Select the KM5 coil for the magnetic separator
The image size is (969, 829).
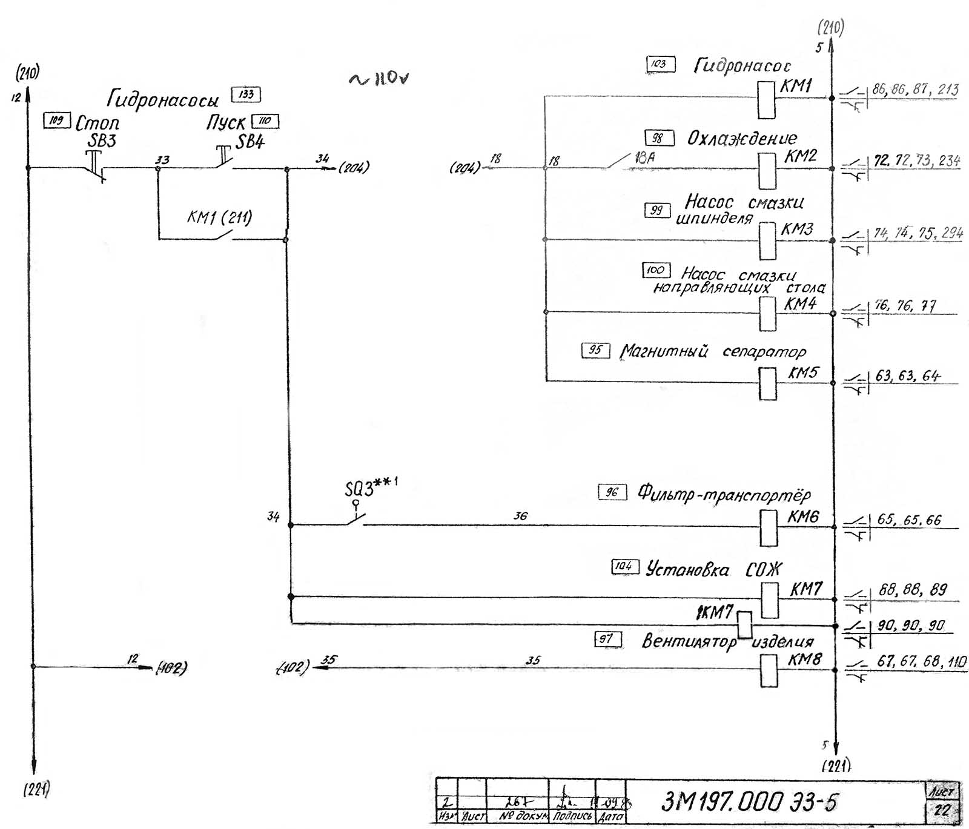[767, 383]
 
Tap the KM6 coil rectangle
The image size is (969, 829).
[768, 527]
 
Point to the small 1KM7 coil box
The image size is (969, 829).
[744, 625]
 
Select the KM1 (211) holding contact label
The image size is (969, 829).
[219, 217]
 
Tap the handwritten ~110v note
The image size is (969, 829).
[379, 79]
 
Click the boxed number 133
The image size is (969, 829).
[246, 94]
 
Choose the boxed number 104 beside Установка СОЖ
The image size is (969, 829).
[624, 567]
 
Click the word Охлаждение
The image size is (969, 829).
[741, 139]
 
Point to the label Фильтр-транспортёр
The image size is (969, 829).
[724, 494]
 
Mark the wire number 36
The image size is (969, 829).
[520, 516]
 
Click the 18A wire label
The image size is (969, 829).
[645, 158]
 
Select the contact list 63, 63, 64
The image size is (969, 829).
[907, 376]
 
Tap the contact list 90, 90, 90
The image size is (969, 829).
[910, 626]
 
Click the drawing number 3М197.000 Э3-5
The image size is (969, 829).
[750, 802]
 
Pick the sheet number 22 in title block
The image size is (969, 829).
[942, 810]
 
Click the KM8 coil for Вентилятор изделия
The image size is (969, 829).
[769, 671]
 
